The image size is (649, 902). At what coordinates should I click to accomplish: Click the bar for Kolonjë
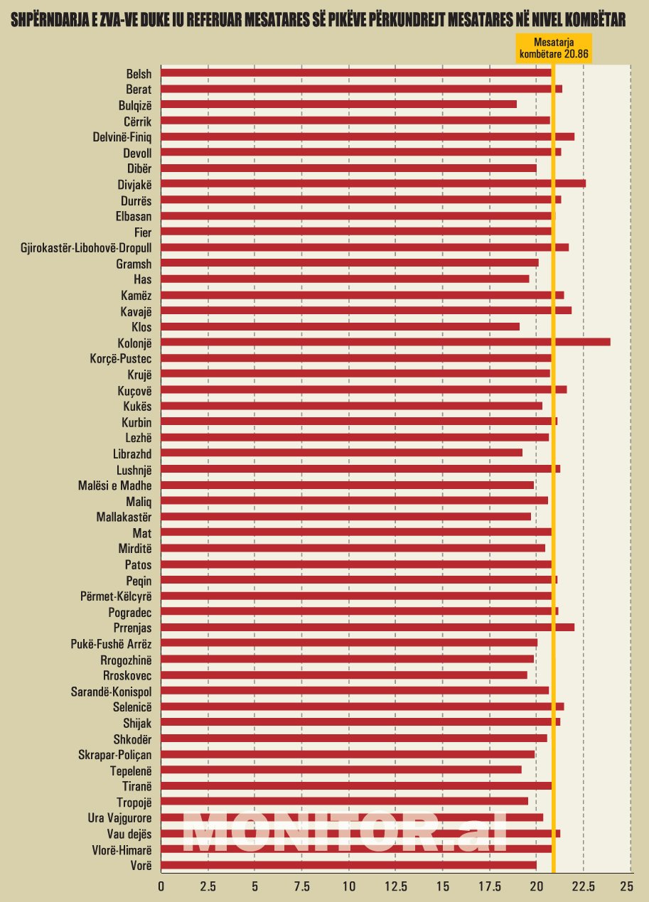pyautogui.click(x=385, y=343)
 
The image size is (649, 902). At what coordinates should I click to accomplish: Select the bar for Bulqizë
pyautogui.click(x=338, y=104)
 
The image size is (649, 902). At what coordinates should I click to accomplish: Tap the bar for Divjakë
pyautogui.click(x=373, y=183)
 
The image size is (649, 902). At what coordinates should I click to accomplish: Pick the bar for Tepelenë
pyautogui.click(x=341, y=770)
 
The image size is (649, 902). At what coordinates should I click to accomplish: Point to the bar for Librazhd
pyautogui.click(x=341, y=453)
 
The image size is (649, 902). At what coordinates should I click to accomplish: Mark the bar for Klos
pyautogui.click(x=340, y=327)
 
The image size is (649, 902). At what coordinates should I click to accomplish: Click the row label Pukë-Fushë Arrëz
pyautogui.click(x=112, y=643)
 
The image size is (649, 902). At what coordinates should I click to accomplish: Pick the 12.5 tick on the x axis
pyautogui.click(x=395, y=886)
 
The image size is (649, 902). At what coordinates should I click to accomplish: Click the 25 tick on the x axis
pyautogui.click(x=626, y=886)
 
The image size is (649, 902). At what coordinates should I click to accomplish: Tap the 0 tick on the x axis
pyautogui.click(x=161, y=886)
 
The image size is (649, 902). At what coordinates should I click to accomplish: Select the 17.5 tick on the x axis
pyautogui.click(x=489, y=886)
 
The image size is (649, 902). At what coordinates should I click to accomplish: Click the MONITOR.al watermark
pyautogui.click(x=345, y=833)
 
